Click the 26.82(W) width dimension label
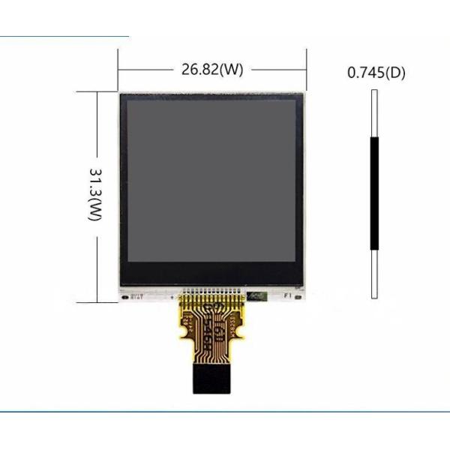pyautogui.click(x=212, y=70)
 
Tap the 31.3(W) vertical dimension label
pyautogui.click(x=94, y=194)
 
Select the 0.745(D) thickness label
pyautogui.click(x=376, y=73)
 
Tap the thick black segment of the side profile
pyautogui.click(x=374, y=193)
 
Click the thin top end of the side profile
pyautogui.click(x=374, y=112)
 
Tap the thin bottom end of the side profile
pyautogui.click(x=374, y=274)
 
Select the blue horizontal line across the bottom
pyautogui.click(x=225, y=412)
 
